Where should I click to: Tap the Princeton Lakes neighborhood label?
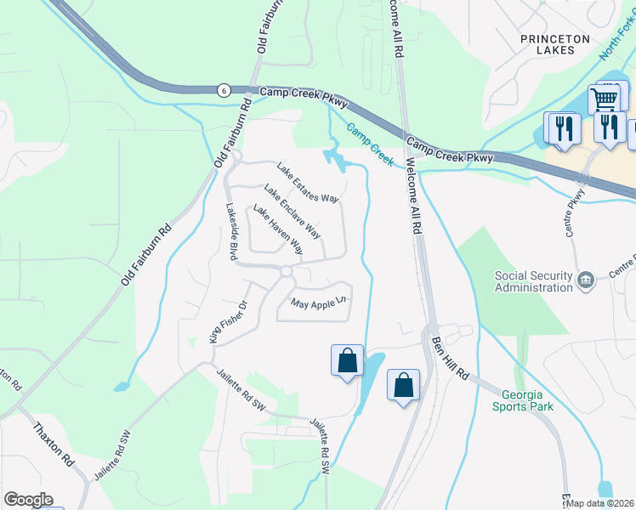tap(555, 44)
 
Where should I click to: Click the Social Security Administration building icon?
tap(585, 280)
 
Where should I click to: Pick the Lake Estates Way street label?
tap(309, 183)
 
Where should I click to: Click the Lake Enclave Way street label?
tap(292, 211)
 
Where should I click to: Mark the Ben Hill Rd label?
tap(450, 358)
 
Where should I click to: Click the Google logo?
tap(28, 500)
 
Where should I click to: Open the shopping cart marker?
tap(604, 99)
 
